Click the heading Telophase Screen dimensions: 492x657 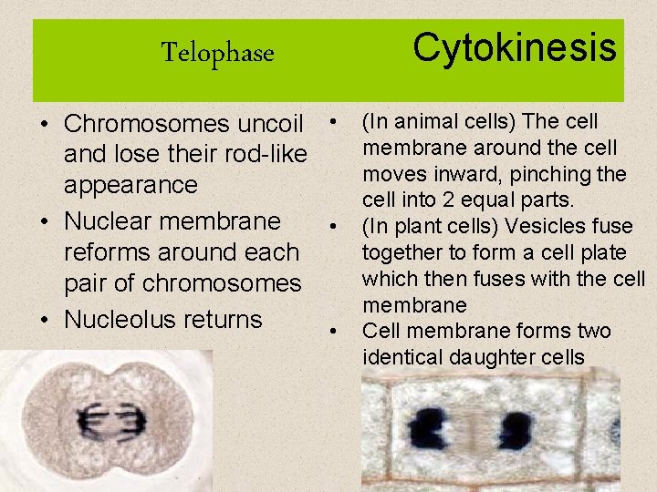[217, 53]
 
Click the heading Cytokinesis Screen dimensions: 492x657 [515, 46]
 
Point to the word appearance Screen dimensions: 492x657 [130, 185]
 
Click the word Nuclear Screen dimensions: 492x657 [108, 221]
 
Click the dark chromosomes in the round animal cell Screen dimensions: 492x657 [109, 422]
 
